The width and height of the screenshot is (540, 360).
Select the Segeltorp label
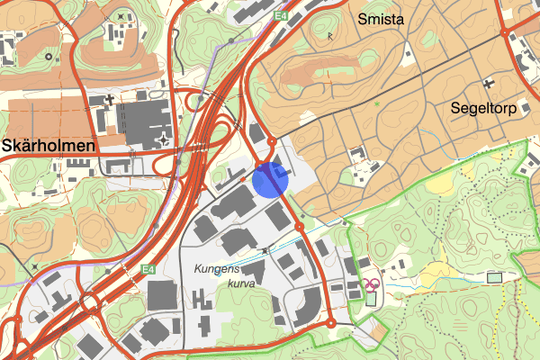(x=489, y=109)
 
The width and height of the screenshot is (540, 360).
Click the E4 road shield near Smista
(x=282, y=15)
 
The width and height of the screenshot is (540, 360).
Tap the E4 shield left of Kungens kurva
(x=148, y=268)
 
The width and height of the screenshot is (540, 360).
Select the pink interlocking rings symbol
(x=371, y=284)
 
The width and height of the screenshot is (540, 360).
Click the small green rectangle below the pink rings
(x=371, y=299)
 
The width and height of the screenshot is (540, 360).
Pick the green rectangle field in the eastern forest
(x=494, y=277)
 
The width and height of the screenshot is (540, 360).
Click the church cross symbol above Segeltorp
(x=489, y=84)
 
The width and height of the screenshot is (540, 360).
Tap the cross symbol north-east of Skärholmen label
(x=109, y=98)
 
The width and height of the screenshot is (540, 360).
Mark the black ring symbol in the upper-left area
(x=48, y=57)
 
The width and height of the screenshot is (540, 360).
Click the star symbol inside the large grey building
(x=163, y=139)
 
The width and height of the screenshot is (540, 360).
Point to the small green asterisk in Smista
(x=377, y=105)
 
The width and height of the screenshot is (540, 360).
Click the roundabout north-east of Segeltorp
(x=506, y=33)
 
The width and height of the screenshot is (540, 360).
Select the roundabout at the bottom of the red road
(x=331, y=322)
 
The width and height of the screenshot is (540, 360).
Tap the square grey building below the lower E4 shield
(x=162, y=295)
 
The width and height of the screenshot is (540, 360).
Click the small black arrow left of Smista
(x=330, y=36)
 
